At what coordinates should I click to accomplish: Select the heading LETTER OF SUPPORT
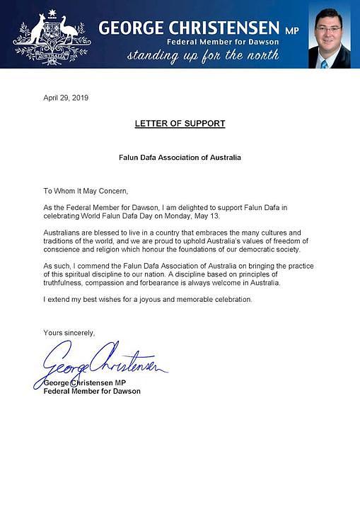pyautogui.click(x=180, y=124)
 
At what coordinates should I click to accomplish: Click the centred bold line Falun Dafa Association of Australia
pyautogui.click(x=180, y=157)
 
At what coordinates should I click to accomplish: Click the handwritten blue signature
pyautogui.click(x=99, y=362)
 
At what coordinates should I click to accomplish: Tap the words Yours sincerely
pyautogui.click(x=69, y=332)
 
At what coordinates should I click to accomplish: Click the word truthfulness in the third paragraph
pyautogui.click(x=68, y=283)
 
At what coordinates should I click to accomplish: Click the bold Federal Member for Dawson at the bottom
pyautogui.click(x=92, y=391)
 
